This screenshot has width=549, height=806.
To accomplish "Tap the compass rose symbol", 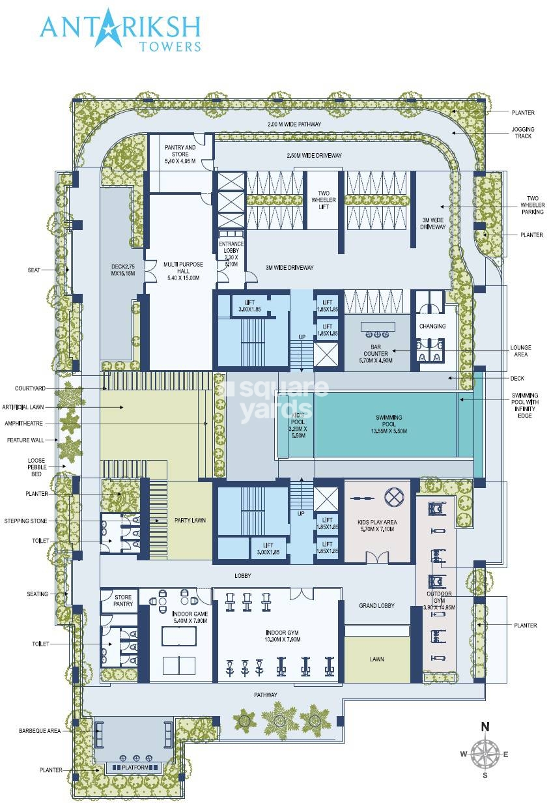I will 484,755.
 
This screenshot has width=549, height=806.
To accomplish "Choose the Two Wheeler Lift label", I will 323,200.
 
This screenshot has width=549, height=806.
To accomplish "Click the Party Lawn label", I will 190,520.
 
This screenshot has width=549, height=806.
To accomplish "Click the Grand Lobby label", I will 376,606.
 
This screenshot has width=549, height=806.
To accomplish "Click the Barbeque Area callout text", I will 40,731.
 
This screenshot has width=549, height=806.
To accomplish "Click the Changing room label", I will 432,326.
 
